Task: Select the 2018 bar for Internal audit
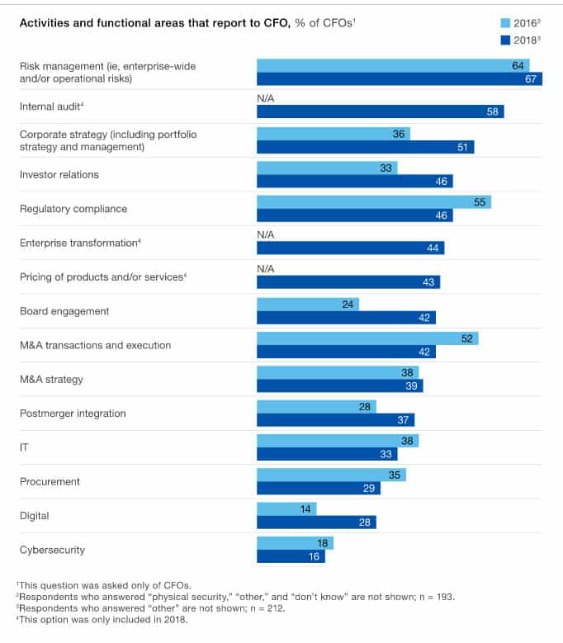tap(380, 112)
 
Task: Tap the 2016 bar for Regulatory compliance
tap(373, 202)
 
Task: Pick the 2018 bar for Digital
tap(316, 522)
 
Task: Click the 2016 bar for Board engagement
tap(307, 304)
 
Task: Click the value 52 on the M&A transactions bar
tap(467, 338)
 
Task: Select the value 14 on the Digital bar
tap(305, 509)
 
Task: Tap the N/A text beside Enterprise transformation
tap(265, 235)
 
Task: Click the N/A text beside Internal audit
tap(265, 98)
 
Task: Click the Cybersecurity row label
tap(52, 550)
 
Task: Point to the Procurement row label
tap(50, 481)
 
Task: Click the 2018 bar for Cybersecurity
tap(291, 557)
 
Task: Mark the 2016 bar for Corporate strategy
tap(333, 134)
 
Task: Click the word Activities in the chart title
tap(44, 22)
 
